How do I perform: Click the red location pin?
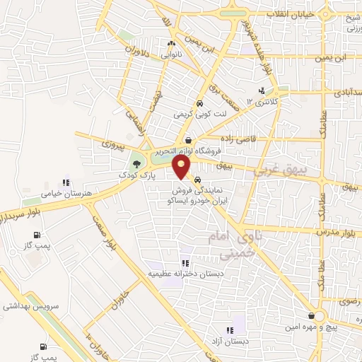pyautogui.click(x=182, y=167)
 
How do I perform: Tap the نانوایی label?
pyautogui.click(x=172, y=54)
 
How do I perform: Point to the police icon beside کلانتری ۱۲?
pyautogui.click(x=262, y=90)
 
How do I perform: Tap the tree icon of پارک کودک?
pyautogui.click(x=136, y=165)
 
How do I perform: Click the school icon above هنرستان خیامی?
pyautogui.click(x=68, y=181)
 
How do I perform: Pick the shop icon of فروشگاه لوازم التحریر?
pyautogui.click(x=189, y=140)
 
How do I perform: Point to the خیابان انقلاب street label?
pyautogui.click(x=294, y=14)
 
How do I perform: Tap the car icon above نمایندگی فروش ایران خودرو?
pyautogui.click(x=206, y=180)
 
